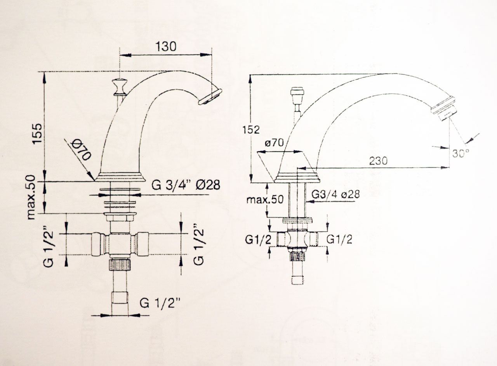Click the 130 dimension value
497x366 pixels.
(x=166, y=47)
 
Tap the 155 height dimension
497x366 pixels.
(x=37, y=134)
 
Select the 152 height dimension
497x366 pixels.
(x=251, y=130)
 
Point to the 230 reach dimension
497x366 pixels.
(x=378, y=161)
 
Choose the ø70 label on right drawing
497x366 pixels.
(x=274, y=143)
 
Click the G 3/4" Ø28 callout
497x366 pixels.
(x=186, y=185)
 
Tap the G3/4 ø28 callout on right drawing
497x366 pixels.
(x=335, y=195)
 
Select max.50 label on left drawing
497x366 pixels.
(x=31, y=197)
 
